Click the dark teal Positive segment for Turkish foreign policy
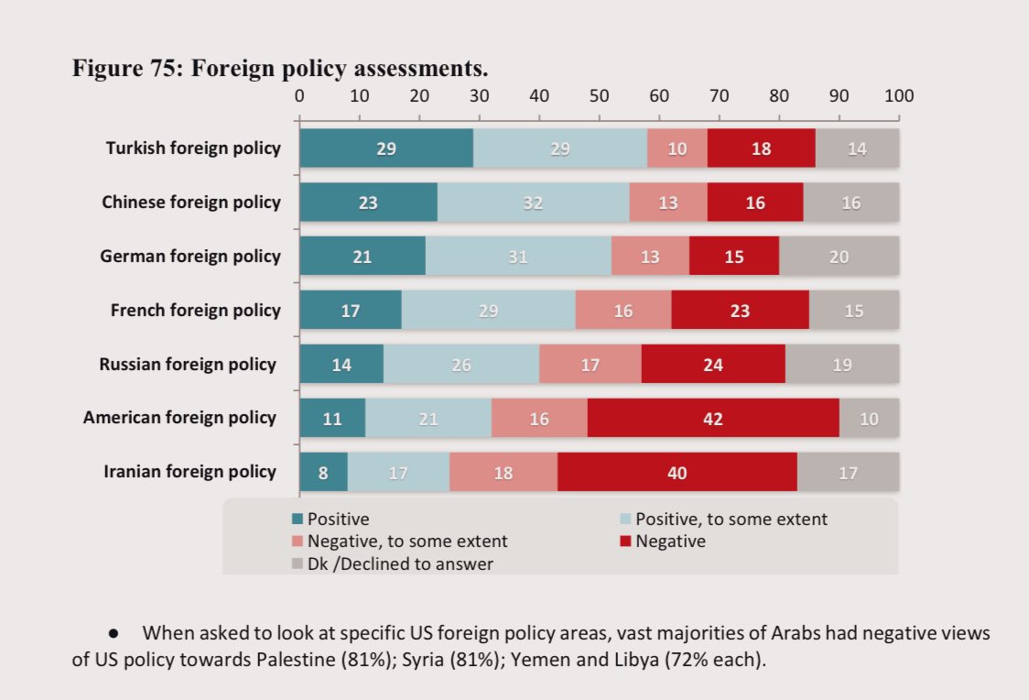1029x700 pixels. click(385, 148)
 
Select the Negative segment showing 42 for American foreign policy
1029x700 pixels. click(713, 418)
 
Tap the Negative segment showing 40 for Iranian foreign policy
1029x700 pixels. click(677, 472)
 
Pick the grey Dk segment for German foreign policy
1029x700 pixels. click(839, 257)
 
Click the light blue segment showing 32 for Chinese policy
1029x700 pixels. click(533, 202)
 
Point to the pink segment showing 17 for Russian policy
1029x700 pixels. click(590, 365)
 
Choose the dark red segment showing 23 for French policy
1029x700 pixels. click(740, 311)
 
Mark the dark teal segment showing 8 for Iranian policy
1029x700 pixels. click(323, 472)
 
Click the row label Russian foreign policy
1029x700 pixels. click(188, 365)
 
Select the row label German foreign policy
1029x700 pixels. click(190, 257)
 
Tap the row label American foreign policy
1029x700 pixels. click(179, 418)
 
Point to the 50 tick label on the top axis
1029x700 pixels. click(599, 95)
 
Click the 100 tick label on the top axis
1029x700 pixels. click(898, 95)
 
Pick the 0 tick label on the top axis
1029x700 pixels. click(299, 95)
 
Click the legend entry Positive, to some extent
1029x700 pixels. click(731, 520)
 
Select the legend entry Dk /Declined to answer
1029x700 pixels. click(400, 564)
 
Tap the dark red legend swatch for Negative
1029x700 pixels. click(627, 541)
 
